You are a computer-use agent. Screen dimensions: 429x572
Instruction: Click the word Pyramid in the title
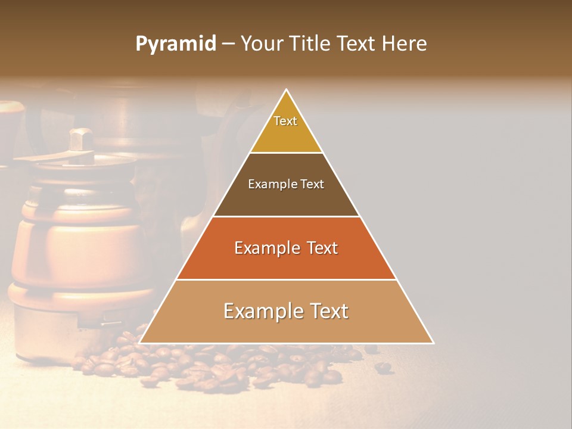175,44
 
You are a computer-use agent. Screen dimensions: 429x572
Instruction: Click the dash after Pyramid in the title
228,44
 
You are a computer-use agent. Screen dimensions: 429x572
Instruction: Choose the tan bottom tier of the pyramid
286,328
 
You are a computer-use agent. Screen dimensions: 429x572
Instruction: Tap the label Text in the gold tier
285,121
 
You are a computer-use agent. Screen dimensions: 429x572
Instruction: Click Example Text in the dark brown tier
286,184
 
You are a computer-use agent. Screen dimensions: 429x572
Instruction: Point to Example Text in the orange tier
286,248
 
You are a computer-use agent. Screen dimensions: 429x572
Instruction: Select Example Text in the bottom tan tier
286,311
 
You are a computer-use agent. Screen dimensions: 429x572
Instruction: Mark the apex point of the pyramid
287,89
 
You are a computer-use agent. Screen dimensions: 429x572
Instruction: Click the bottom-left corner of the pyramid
139,343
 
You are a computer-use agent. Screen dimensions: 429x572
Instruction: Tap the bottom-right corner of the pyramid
433,343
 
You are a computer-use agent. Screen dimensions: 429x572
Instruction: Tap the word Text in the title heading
356,43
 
